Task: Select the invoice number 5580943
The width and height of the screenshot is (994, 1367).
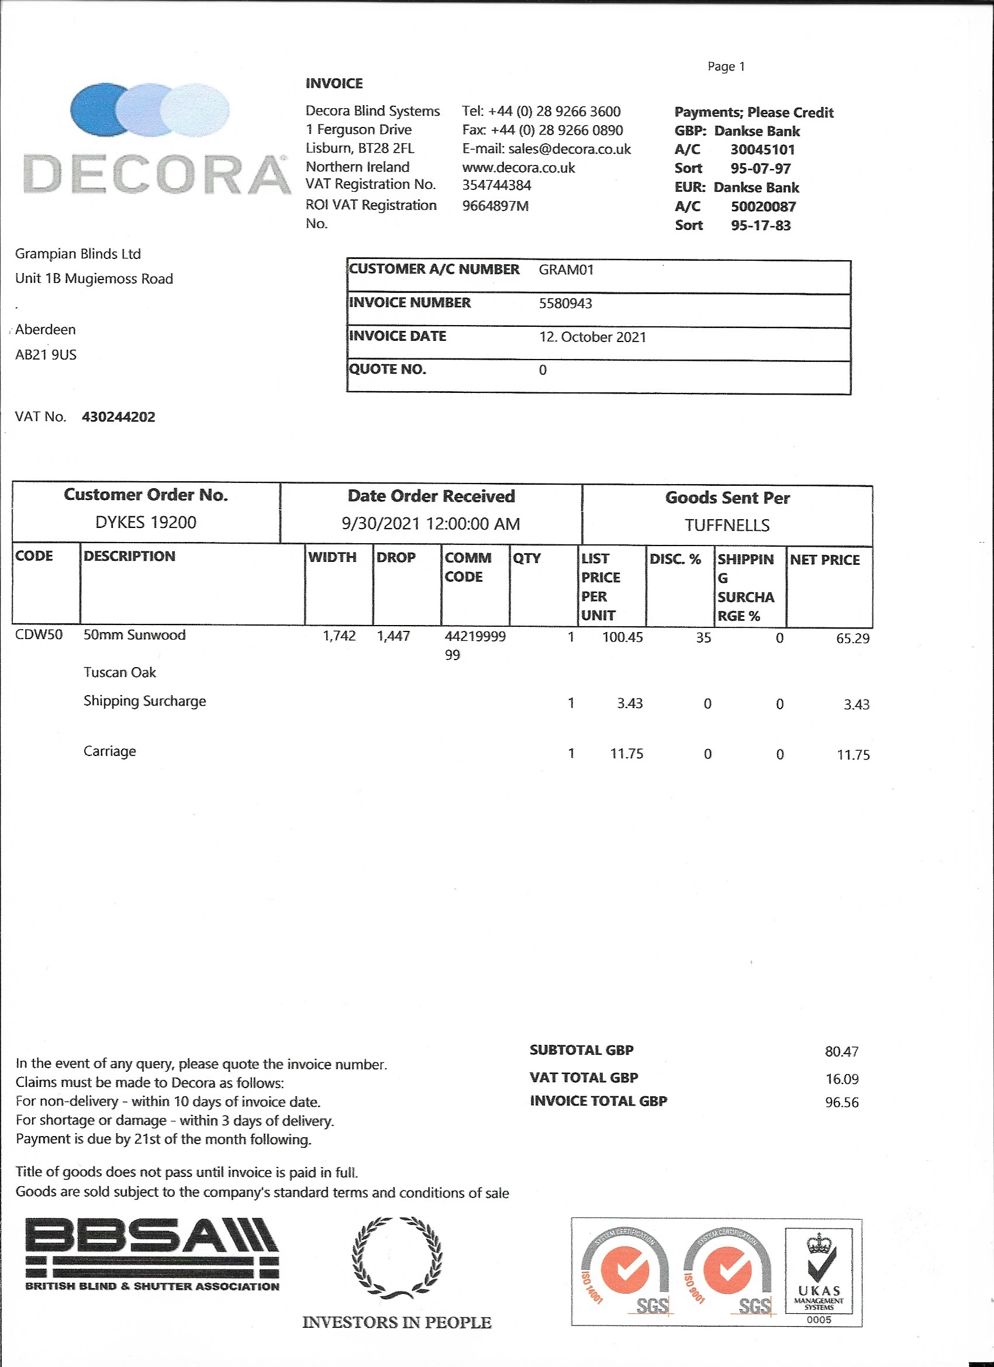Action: coord(565,303)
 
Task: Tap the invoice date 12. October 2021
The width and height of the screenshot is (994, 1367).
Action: coord(592,337)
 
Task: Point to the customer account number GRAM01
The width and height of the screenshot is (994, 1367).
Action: coord(566,270)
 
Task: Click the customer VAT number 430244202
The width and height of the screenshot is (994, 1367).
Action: coord(118,417)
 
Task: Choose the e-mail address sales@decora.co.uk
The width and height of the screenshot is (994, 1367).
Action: coord(569,149)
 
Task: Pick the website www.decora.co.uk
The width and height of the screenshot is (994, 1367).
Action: coord(519,168)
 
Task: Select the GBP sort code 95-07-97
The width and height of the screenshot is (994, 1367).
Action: coord(760,169)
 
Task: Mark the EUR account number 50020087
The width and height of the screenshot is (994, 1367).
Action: coord(763,207)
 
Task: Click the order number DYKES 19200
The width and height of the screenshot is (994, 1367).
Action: coord(146,522)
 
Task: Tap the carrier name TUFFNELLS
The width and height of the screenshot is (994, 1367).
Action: coord(727,526)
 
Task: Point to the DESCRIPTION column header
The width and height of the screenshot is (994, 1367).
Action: coord(129,556)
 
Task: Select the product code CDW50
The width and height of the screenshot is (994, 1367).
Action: coord(39,635)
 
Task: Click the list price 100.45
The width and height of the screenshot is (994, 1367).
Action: coord(622,637)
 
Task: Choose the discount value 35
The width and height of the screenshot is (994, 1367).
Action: coord(703,638)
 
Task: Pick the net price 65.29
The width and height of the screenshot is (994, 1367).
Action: coord(853,638)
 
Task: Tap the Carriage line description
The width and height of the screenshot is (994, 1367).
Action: coord(110,751)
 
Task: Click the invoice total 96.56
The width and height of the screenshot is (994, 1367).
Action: coord(841,1102)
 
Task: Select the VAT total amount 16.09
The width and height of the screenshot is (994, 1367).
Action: coord(841,1079)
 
